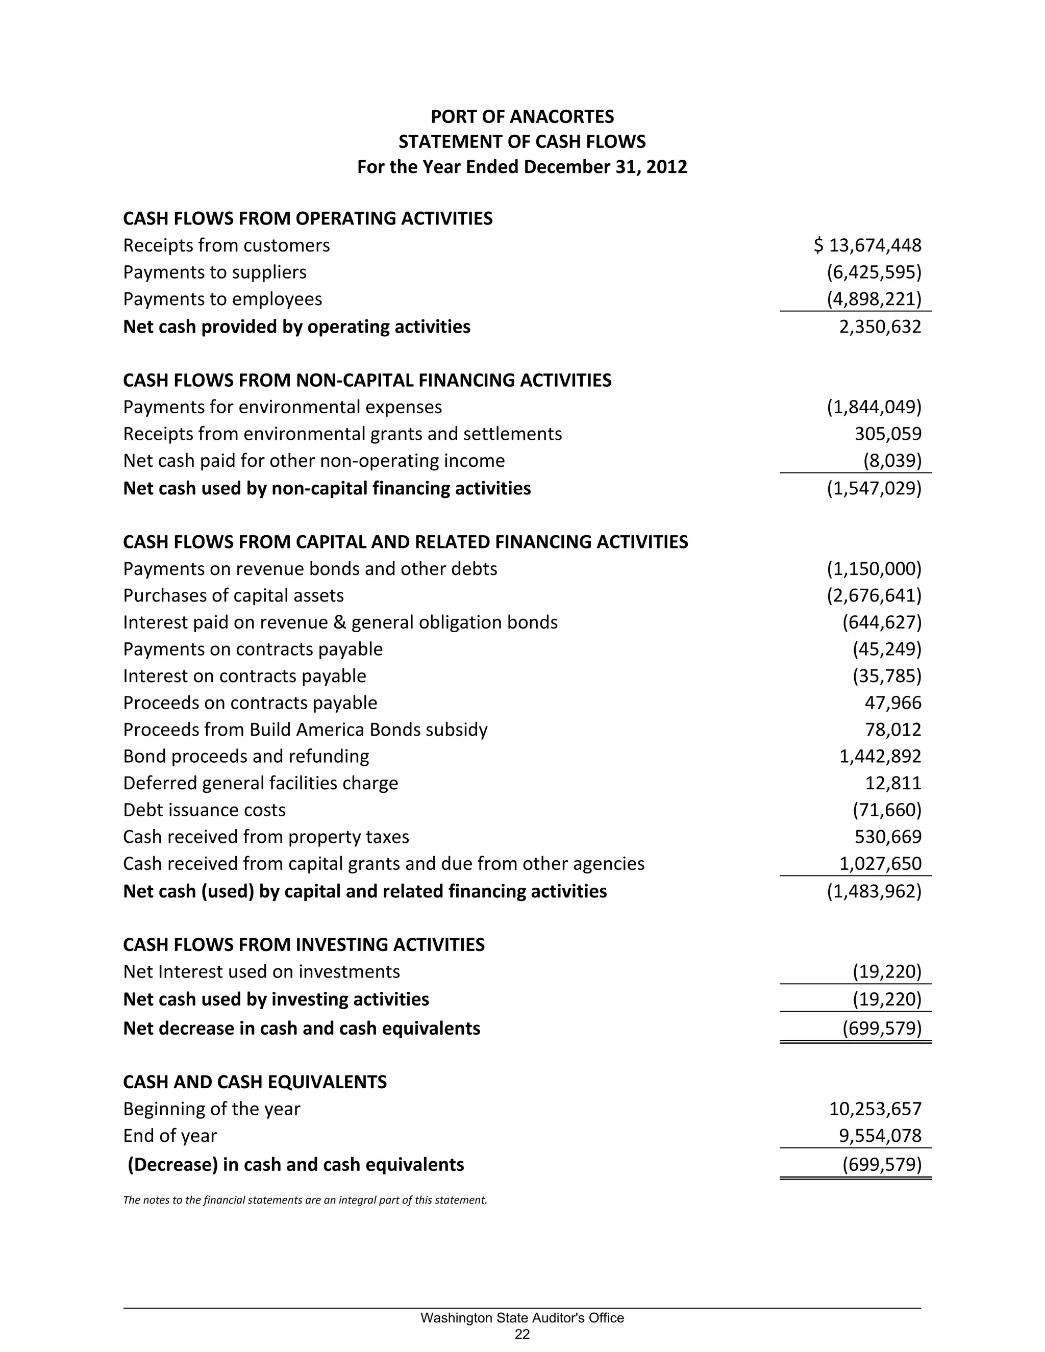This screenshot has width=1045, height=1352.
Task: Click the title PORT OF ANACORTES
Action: [522, 116]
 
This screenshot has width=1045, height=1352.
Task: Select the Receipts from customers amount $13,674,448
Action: [867, 246]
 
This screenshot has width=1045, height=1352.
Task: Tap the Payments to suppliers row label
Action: [215, 272]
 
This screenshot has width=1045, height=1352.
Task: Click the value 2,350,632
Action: [880, 327]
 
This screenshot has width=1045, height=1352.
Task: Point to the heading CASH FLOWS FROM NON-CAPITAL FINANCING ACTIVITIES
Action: [367, 380]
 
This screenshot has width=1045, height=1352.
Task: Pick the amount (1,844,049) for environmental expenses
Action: [874, 407]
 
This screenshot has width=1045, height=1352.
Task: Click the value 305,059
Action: [888, 434]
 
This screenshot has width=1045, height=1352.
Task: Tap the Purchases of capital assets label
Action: [233, 595]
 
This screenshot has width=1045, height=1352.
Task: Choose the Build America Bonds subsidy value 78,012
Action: [893, 730]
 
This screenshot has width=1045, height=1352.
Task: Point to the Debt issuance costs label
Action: [204, 810]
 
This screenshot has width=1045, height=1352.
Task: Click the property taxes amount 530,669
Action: [888, 837]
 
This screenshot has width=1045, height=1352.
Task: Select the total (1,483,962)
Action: [874, 891]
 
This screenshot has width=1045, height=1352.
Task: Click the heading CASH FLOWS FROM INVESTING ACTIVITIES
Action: [304, 945]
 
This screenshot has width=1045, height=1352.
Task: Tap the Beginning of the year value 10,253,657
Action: [875, 1109]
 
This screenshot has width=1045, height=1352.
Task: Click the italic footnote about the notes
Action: [305, 1200]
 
